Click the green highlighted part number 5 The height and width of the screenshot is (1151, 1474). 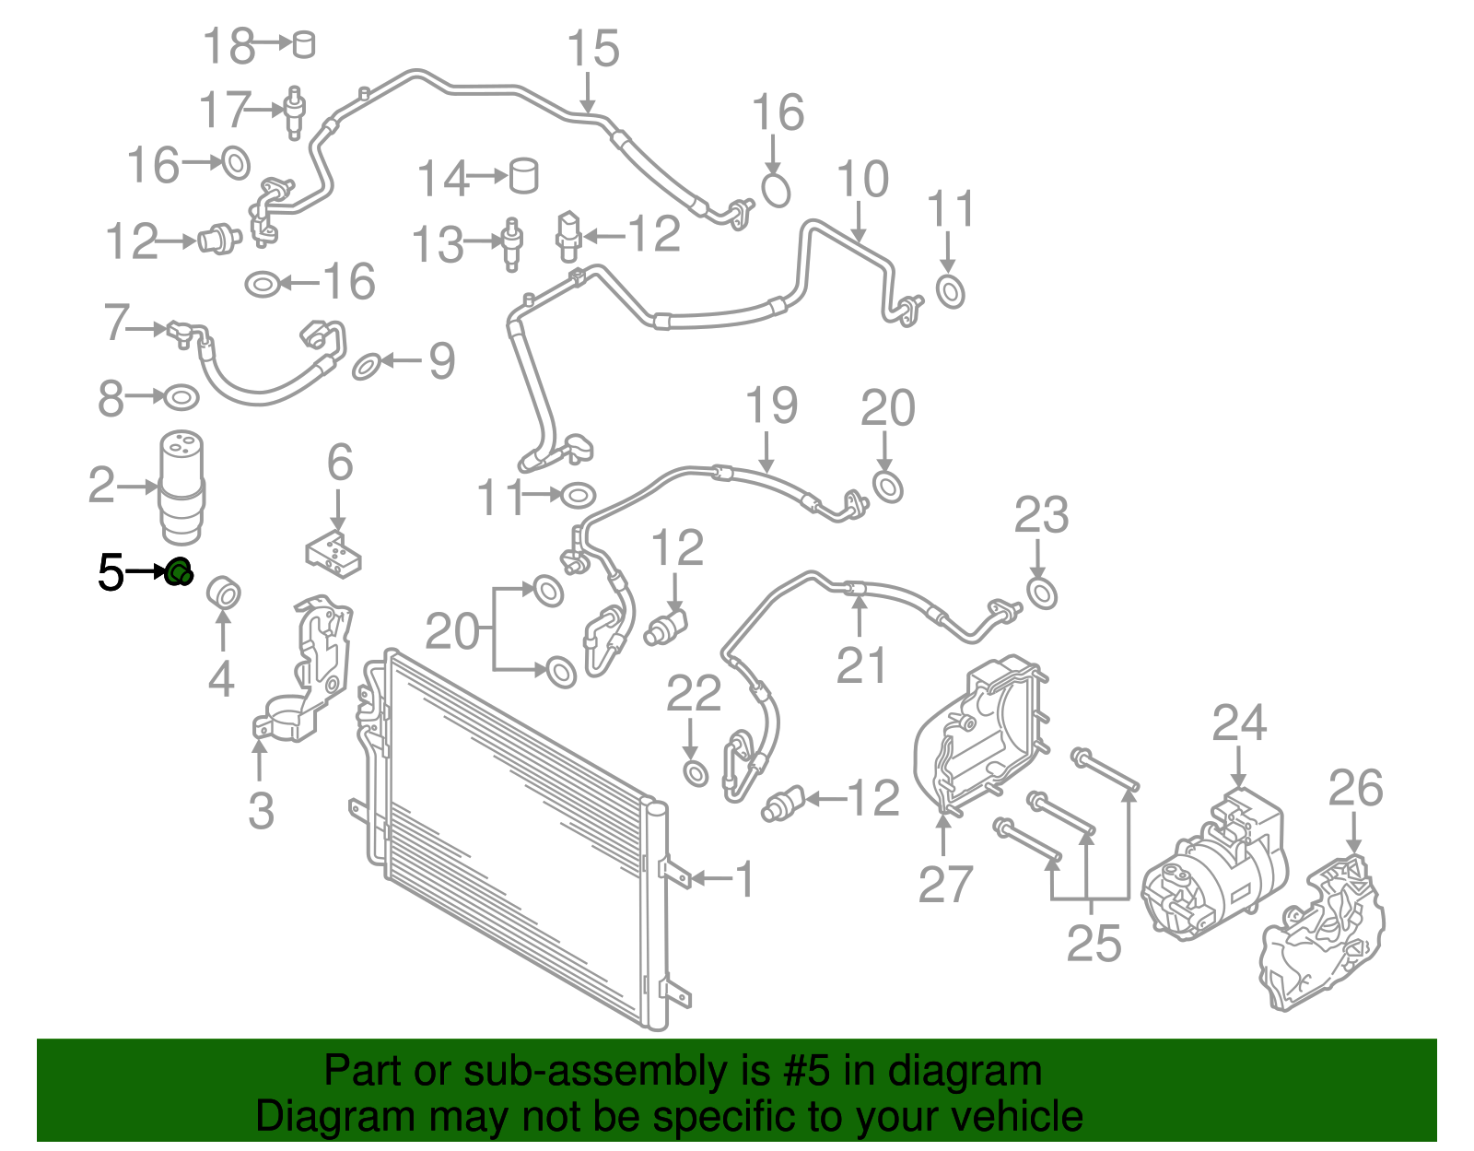pos(179,572)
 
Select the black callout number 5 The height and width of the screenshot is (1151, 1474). pos(111,573)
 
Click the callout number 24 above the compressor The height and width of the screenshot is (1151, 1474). pos(1239,723)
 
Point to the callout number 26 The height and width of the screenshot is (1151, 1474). pos(1355,789)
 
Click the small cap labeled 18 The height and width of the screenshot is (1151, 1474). pos(303,43)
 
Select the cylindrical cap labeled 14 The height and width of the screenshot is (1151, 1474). pos(523,174)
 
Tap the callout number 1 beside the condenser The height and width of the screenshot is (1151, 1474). pos(744,879)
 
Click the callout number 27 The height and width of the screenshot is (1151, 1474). pos(945,885)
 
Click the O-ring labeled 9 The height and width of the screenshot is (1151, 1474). pos(367,366)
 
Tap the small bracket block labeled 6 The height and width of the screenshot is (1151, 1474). pos(333,553)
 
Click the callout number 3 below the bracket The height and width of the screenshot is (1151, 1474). pos(261,811)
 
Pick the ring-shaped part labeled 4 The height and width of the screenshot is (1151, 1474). pos(223,592)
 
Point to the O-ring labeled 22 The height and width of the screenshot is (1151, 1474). pos(696,771)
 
